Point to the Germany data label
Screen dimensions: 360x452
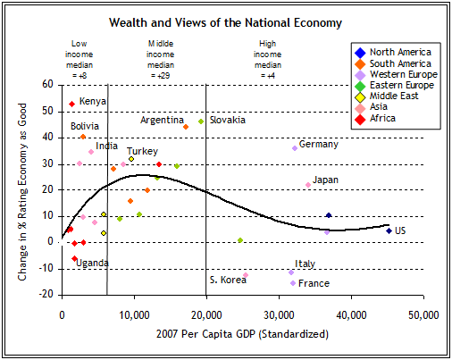click(x=318, y=144)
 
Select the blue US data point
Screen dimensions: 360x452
click(x=389, y=230)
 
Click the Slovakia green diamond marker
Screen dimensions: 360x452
click(x=201, y=121)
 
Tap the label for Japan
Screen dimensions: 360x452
click(x=325, y=180)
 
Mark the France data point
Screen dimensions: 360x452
click(x=293, y=283)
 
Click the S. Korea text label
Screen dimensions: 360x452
click(x=227, y=280)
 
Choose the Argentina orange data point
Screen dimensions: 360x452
click(x=186, y=127)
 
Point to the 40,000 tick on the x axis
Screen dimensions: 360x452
click(x=350, y=314)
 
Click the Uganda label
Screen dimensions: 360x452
click(x=93, y=263)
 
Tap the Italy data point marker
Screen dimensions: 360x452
click(x=291, y=272)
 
